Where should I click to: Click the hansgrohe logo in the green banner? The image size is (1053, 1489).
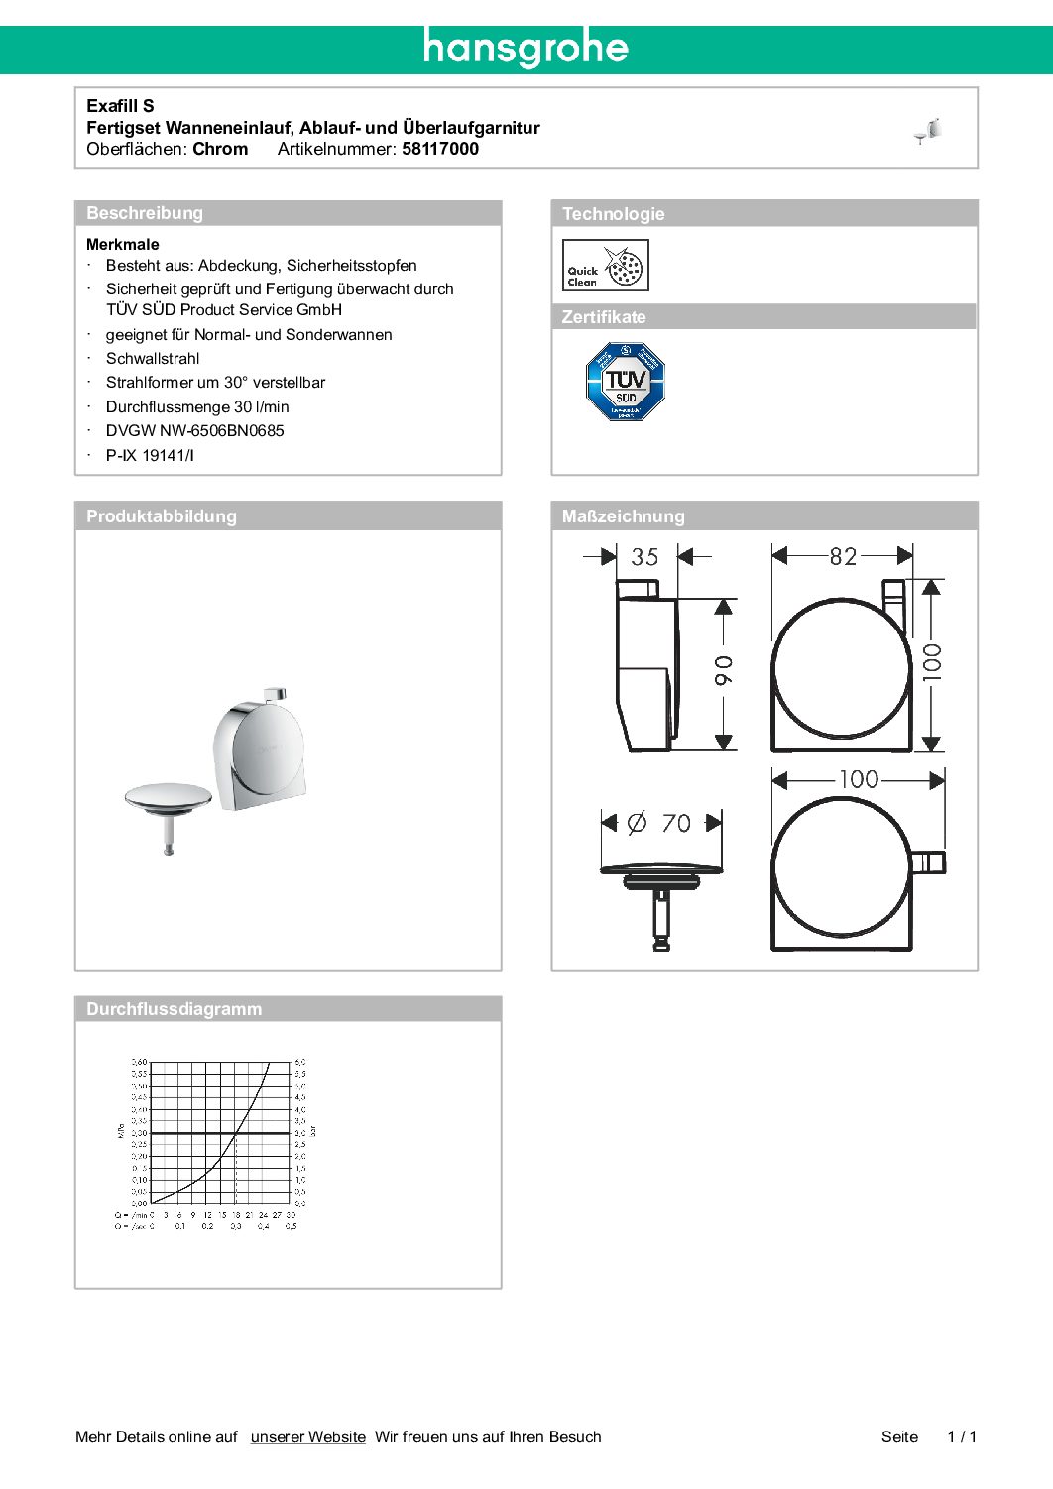click(526, 48)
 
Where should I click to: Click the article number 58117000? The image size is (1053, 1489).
click(440, 149)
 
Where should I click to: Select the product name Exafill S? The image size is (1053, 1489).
click(120, 106)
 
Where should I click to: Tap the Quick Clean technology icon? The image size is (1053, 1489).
click(605, 266)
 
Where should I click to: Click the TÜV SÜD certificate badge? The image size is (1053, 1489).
click(625, 382)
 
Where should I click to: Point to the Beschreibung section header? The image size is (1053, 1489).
click(145, 213)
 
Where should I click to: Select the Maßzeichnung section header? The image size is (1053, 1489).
click(623, 516)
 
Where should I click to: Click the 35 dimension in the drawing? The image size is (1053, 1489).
click(644, 557)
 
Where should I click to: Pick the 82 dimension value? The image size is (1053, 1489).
click(843, 556)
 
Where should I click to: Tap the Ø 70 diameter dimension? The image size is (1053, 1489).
click(661, 823)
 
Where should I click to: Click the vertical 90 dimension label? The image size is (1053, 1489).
click(725, 670)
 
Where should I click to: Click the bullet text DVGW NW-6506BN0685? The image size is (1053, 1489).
click(194, 431)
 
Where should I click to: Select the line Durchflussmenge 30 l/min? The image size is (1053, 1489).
click(197, 406)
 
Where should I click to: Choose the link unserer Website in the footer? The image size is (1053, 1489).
click(307, 1437)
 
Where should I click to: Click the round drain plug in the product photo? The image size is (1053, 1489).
click(169, 799)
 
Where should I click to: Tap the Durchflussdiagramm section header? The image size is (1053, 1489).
click(175, 1009)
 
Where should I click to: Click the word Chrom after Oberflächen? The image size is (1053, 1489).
click(220, 149)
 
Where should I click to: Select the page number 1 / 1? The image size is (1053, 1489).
click(962, 1437)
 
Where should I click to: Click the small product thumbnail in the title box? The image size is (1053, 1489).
click(928, 130)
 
